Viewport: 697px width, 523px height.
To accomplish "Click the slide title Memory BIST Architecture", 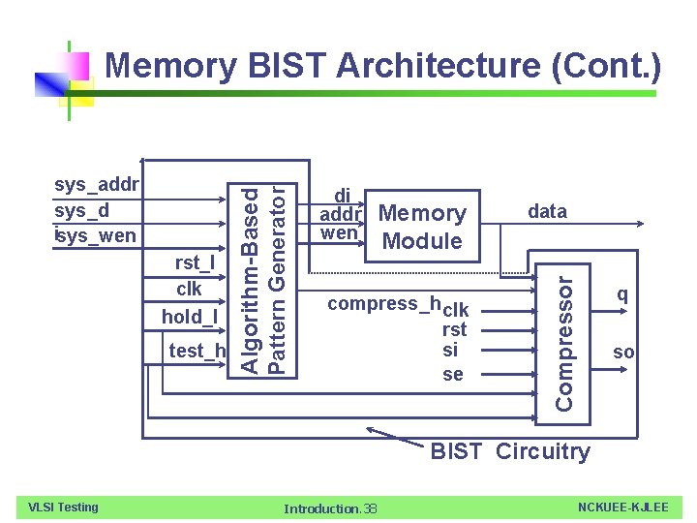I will click(x=382, y=67).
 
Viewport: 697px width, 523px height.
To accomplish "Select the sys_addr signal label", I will click(x=98, y=185).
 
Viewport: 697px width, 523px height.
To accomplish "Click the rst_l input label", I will click(x=195, y=262).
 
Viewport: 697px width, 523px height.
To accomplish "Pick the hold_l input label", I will click(x=190, y=317).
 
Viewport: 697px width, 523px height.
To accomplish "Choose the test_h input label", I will click(x=197, y=351).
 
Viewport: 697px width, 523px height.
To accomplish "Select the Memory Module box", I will click(x=422, y=227).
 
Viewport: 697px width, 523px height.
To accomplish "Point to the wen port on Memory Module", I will click(x=339, y=233).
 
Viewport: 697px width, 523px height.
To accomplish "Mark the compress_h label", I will click(x=384, y=304).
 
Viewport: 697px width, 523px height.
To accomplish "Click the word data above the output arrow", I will click(x=547, y=211).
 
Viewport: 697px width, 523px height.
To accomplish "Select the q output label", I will click(x=622, y=293).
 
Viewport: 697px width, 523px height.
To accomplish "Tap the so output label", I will click(x=623, y=353).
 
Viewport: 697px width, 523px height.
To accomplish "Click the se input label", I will click(x=452, y=374).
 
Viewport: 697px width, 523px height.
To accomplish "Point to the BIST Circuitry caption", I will click(x=509, y=451).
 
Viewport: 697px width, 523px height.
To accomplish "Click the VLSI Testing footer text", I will click(x=64, y=507).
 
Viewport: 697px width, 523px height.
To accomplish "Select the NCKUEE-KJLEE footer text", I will click(x=622, y=507).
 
